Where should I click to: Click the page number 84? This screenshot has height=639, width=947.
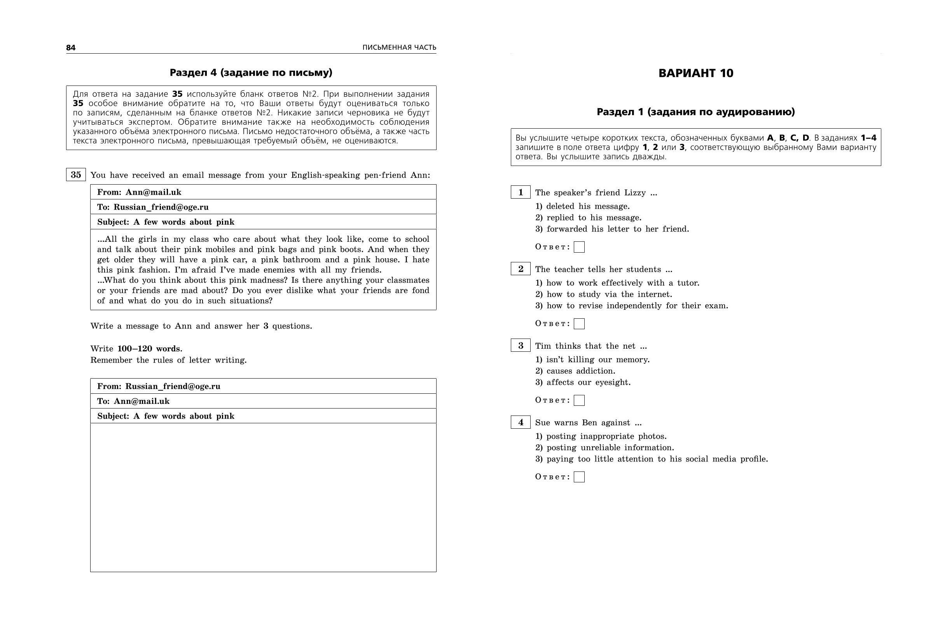[71, 48]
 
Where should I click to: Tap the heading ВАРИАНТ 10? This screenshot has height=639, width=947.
[695, 73]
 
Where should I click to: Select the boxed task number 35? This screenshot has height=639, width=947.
[76, 175]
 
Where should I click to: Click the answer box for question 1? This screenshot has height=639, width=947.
[579, 247]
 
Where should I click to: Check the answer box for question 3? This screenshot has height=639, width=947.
[579, 400]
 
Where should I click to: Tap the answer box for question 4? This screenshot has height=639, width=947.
[579, 477]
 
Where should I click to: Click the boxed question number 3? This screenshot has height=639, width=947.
[521, 346]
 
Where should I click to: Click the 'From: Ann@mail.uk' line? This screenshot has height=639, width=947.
[139, 192]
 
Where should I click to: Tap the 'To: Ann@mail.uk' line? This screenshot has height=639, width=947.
[133, 401]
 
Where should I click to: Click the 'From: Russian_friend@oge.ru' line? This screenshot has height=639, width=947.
[159, 386]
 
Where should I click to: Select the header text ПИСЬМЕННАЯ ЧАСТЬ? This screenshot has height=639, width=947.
[399, 47]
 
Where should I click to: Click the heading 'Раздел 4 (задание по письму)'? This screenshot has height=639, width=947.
[251, 73]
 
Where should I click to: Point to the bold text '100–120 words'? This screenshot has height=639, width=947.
[150, 349]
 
